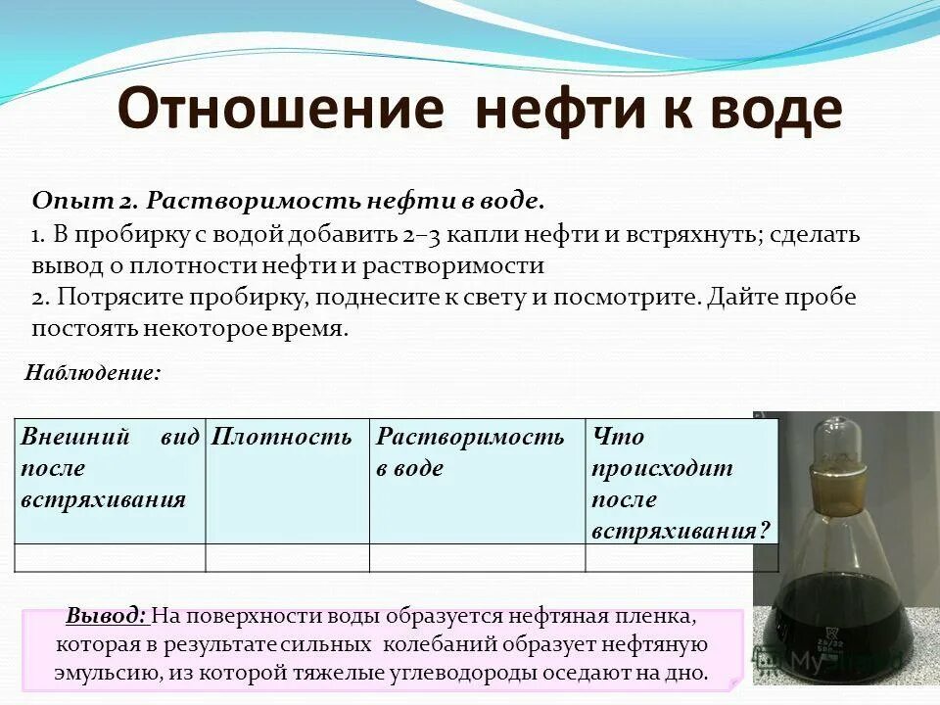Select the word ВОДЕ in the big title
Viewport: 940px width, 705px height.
tap(769, 110)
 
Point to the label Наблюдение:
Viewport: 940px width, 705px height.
tap(92, 373)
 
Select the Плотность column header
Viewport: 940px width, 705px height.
tap(282, 438)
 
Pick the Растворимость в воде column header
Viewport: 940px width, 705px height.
tap(471, 451)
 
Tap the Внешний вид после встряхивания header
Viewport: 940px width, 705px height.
tap(110, 467)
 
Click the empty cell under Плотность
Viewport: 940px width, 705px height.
tap(287, 557)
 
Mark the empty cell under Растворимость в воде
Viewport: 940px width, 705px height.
tap(477, 557)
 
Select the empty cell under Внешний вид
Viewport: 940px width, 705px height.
tap(110, 557)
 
